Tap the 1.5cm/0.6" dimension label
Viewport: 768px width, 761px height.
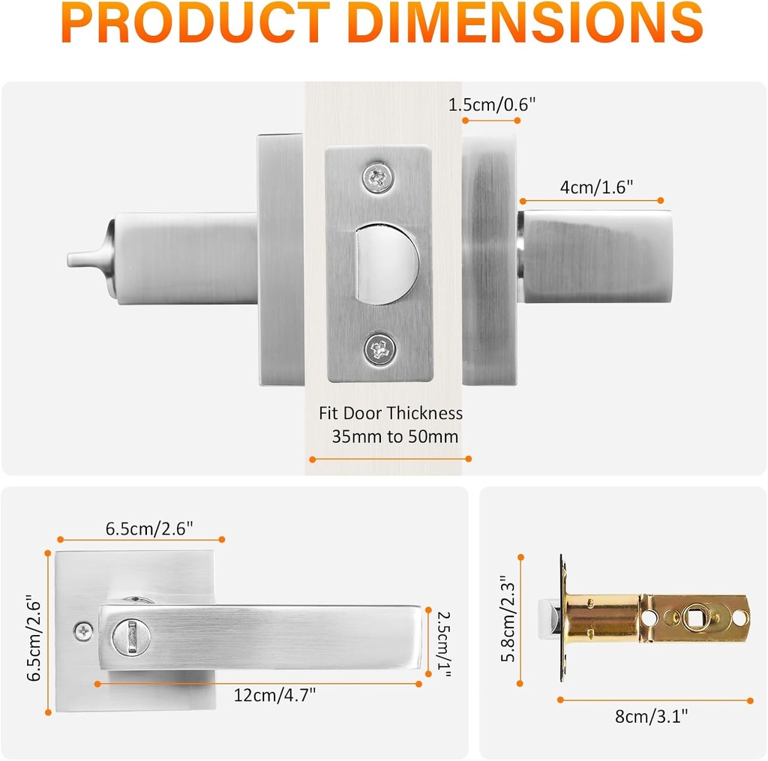coord(492,105)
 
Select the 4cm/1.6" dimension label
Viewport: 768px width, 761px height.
coord(596,187)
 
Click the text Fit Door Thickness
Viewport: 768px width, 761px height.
coord(390,413)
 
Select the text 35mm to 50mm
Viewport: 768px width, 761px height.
coord(394,436)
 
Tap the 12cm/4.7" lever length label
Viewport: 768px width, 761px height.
coord(274,695)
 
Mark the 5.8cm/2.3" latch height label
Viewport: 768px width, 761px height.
coord(507,619)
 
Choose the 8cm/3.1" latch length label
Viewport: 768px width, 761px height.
coord(652,716)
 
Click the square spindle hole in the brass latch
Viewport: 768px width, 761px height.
coord(692,619)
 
